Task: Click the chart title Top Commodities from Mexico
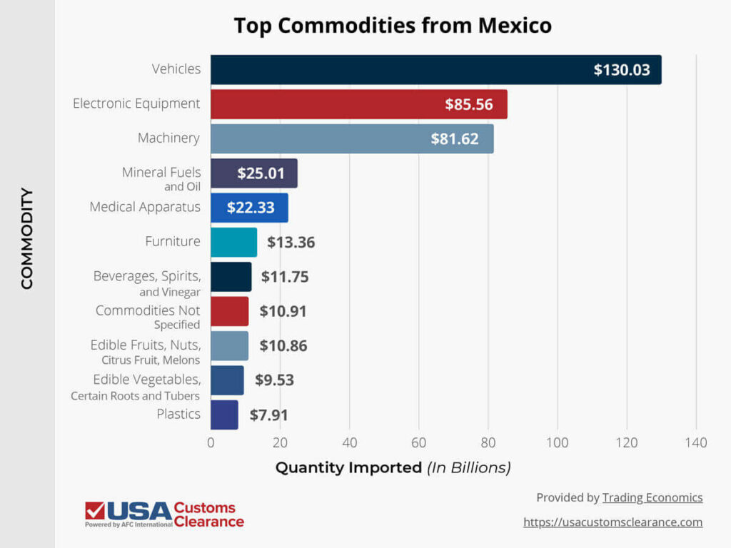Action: [393, 26]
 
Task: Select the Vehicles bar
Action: [435, 70]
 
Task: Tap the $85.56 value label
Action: [469, 104]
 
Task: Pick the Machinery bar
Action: [351, 138]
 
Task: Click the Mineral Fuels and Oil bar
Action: [253, 173]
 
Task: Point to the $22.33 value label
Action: [251, 208]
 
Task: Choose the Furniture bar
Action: [233, 242]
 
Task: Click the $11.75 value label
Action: [285, 277]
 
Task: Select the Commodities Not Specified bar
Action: [229, 311]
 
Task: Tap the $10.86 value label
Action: [283, 346]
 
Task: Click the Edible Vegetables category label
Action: [147, 379]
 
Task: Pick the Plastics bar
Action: [224, 415]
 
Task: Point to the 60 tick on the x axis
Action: [419, 443]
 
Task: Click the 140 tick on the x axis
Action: [696, 443]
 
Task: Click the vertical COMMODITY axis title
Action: [27, 238]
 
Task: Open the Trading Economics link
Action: [652, 498]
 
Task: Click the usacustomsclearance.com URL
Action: [612, 522]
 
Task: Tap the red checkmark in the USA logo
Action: [94, 511]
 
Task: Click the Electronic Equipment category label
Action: [136, 103]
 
